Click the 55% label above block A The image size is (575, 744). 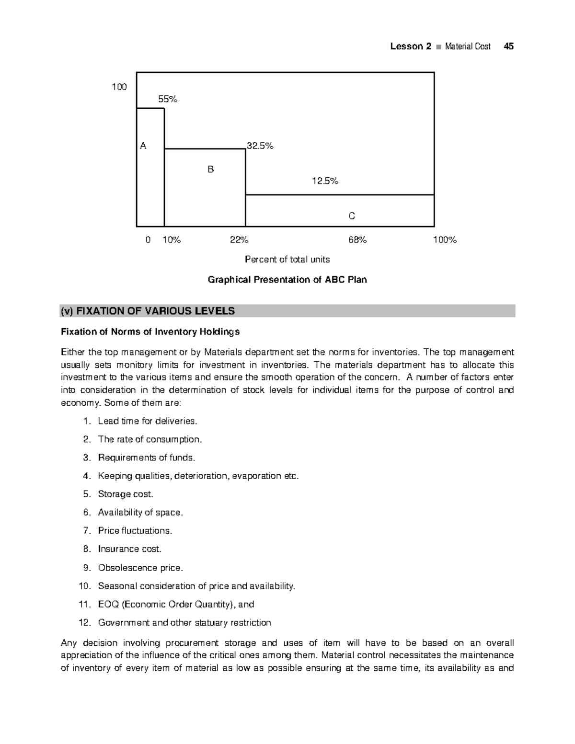coord(168,99)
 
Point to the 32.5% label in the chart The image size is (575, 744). coord(260,146)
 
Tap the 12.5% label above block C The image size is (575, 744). coord(325,181)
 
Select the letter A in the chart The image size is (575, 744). coord(143,146)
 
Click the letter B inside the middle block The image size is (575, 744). coord(210,169)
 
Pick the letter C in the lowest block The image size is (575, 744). coord(352,216)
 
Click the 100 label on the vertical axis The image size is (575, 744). coord(119,87)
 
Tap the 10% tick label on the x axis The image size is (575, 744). coord(172,240)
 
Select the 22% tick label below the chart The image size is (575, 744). coord(239,240)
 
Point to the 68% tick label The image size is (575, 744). coord(357,240)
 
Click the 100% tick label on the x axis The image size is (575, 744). coord(445,240)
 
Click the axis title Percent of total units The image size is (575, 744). coord(287,260)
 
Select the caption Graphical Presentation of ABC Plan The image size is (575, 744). coord(287,280)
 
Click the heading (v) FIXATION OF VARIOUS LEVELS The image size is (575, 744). coord(148,311)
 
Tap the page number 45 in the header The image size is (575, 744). coord(509,46)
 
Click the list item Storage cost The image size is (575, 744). coord(126,494)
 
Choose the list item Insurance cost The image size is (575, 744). coord(129,549)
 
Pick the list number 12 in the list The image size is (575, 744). coord(84,623)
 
